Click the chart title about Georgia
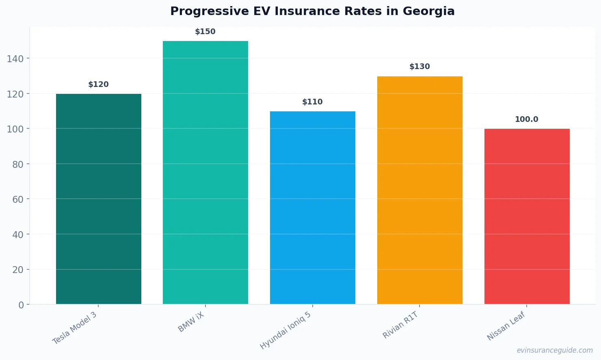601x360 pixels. point(312,11)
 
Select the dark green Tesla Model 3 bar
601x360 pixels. point(99,199)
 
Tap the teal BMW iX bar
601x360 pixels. point(205,173)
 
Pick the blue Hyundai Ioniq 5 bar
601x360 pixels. point(313,208)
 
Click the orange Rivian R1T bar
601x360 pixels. point(419,190)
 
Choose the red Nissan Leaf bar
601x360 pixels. point(527,217)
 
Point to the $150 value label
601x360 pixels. point(205,32)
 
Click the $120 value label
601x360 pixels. point(98,85)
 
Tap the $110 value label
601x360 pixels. point(312,102)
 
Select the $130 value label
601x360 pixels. point(419,67)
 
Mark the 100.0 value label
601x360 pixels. point(526,119)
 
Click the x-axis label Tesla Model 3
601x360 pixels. point(75,328)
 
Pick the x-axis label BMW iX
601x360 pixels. point(191,323)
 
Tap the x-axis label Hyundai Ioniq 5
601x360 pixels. point(285,330)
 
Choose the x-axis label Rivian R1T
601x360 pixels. point(400,325)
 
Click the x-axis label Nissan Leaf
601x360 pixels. point(506,326)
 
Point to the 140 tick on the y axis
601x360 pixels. point(15,59)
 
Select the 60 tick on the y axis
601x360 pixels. point(18,200)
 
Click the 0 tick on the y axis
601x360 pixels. point(21,305)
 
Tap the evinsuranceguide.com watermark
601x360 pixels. point(554,350)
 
